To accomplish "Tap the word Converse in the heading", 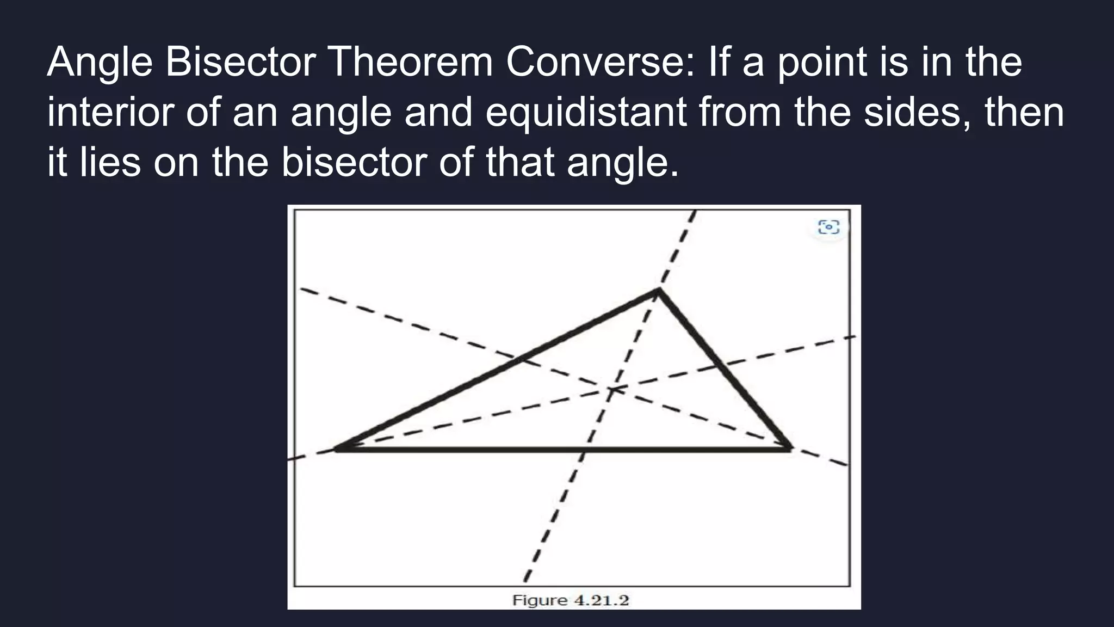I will coord(600,62).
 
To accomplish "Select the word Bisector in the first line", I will coord(240,62).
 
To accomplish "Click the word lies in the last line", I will coord(110,162).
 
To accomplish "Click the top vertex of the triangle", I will coord(659,291).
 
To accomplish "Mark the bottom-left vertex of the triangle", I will coord(337,449).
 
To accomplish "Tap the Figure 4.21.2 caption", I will coord(570,600).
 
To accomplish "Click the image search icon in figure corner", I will coord(828,226).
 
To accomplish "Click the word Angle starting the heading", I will coord(100,62).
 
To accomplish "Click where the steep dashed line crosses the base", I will coord(584,450).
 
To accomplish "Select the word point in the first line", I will coord(821,62).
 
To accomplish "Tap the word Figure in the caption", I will coord(540,600).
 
